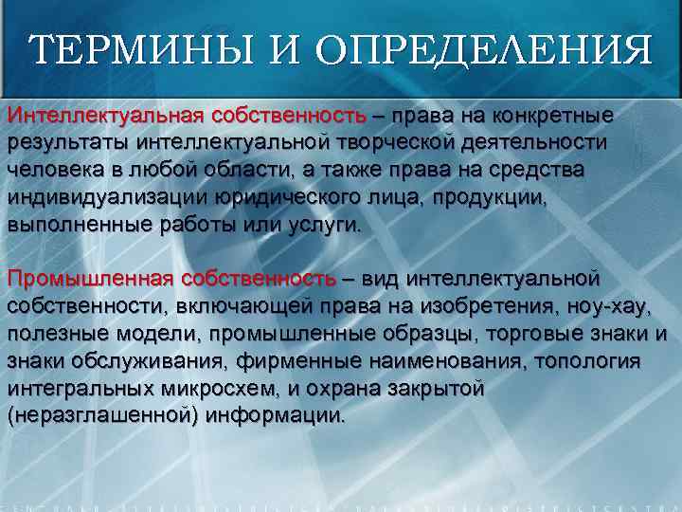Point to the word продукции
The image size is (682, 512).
pyautogui.click(x=543, y=198)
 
